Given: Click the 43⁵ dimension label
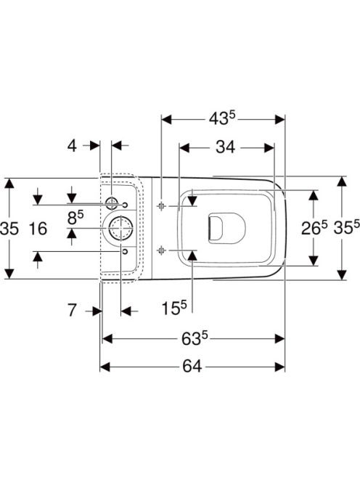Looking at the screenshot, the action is (222, 118).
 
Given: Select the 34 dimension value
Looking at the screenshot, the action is (225, 147).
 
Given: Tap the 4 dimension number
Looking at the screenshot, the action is (72, 146).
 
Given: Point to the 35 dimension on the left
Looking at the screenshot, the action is (9, 229).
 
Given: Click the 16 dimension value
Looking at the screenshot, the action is (38, 229).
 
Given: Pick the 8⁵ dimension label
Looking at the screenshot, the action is (75, 218).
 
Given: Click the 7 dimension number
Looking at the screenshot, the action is (72, 310).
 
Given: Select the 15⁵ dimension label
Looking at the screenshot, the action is (174, 308).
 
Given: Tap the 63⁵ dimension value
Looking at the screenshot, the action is (195, 339).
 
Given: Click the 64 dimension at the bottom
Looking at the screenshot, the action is (192, 367).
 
